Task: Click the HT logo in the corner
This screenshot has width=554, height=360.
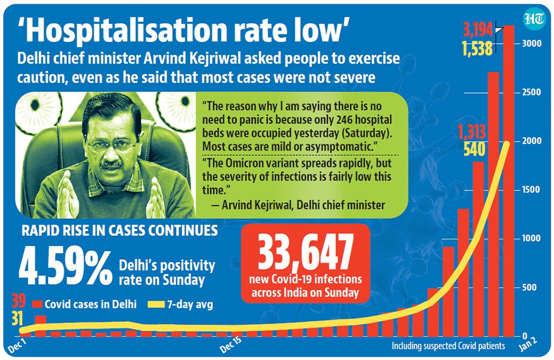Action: [x=534, y=19]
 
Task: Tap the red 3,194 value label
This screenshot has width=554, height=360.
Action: [x=478, y=30]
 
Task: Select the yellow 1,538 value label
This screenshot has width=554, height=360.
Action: [x=478, y=49]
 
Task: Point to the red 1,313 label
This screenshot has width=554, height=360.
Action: [x=472, y=132]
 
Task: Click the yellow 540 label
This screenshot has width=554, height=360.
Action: [x=475, y=150]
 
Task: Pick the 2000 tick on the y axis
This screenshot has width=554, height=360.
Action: [x=532, y=141]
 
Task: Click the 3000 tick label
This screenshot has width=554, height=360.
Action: [x=532, y=43]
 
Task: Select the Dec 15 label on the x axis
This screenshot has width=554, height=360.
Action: [x=230, y=344]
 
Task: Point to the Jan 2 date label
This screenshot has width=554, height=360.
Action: [x=528, y=344]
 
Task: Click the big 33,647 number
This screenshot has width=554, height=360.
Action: [x=306, y=252]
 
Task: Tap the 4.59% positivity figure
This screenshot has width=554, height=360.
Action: [x=66, y=269]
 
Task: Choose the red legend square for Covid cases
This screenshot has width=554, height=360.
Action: [x=37, y=304]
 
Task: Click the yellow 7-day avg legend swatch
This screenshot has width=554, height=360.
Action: [x=156, y=305]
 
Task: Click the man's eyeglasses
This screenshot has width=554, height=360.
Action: [x=111, y=145]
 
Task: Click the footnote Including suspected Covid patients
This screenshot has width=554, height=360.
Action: [x=448, y=346]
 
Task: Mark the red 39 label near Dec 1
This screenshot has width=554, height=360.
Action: [x=18, y=301]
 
